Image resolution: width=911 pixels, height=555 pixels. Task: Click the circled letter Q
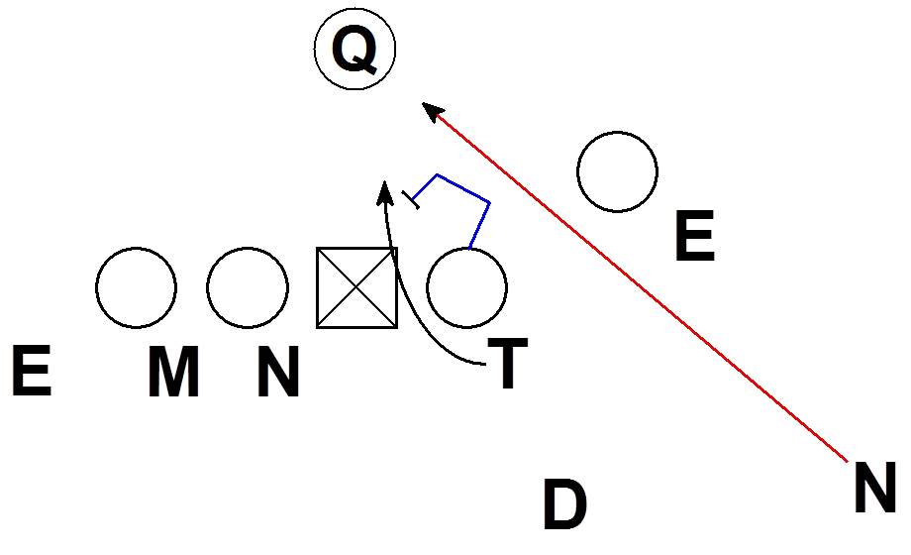point(354,51)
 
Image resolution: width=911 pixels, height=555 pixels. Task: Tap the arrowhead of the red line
point(430,108)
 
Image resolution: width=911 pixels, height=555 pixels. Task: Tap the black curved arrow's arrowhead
point(385,189)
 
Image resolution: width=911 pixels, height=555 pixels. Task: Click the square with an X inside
point(356,287)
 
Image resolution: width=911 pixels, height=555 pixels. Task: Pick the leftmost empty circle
point(137,287)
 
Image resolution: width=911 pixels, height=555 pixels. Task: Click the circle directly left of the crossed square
point(248,287)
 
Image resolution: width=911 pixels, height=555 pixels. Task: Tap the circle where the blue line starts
point(467,287)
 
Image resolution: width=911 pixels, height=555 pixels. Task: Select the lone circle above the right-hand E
point(617,171)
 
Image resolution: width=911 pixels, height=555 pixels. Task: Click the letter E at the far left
point(31,373)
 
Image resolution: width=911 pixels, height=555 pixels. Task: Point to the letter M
point(173,373)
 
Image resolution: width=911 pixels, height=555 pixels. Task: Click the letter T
point(508,364)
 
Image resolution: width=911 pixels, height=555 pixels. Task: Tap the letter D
point(564,505)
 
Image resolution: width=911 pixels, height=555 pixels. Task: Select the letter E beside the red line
point(694,238)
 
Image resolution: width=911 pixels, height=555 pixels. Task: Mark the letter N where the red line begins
point(874,491)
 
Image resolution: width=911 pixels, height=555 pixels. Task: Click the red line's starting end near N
point(844,459)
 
